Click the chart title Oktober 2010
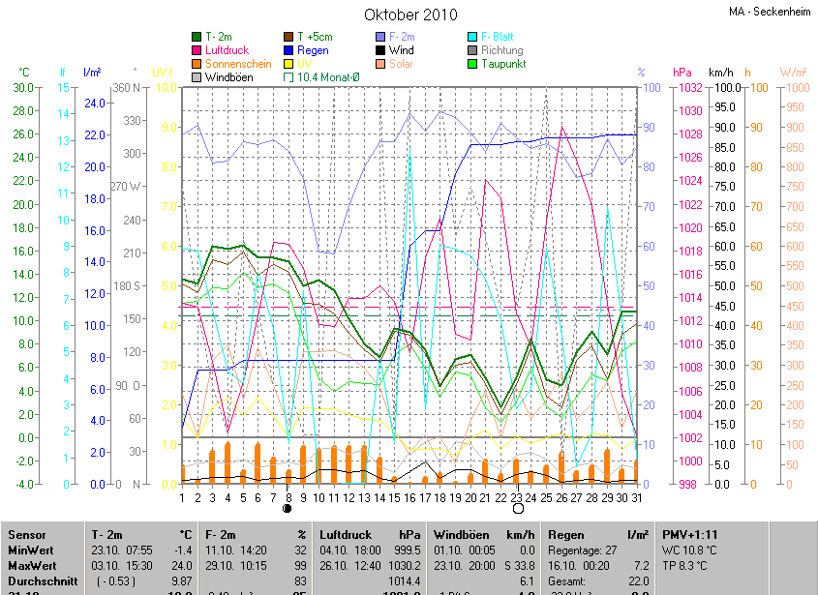(x=410, y=15)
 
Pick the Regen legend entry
(x=313, y=50)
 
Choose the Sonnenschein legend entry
(x=238, y=64)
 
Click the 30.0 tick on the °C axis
(x=21, y=88)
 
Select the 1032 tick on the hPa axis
(x=689, y=88)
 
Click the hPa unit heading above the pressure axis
(x=682, y=73)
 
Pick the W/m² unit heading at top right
(x=793, y=73)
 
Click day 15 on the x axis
(x=394, y=497)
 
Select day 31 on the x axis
(x=636, y=497)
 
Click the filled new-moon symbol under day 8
(x=288, y=508)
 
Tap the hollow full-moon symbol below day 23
(x=517, y=508)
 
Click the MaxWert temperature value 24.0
(x=182, y=563)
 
